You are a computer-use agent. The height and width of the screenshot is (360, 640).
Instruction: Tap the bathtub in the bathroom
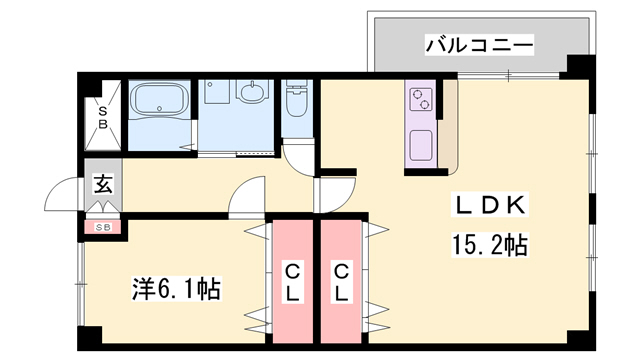coord(159,101)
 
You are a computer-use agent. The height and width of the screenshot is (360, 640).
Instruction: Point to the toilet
coord(296,103)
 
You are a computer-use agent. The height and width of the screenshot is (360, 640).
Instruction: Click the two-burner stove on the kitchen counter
coord(421,100)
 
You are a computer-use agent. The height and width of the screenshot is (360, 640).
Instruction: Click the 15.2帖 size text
coord(489,243)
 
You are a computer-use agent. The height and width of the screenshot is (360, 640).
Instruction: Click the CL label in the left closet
coord(292,281)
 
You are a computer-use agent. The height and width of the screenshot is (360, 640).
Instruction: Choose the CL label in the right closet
coord(342,281)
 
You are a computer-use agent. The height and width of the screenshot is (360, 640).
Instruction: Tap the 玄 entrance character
coord(104,183)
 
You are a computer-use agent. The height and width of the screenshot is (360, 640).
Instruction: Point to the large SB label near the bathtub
coord(103,117)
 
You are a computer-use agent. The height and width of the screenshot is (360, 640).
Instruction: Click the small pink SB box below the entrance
coord(103,228)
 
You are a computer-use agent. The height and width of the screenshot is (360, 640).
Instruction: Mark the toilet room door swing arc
coord(300,158)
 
